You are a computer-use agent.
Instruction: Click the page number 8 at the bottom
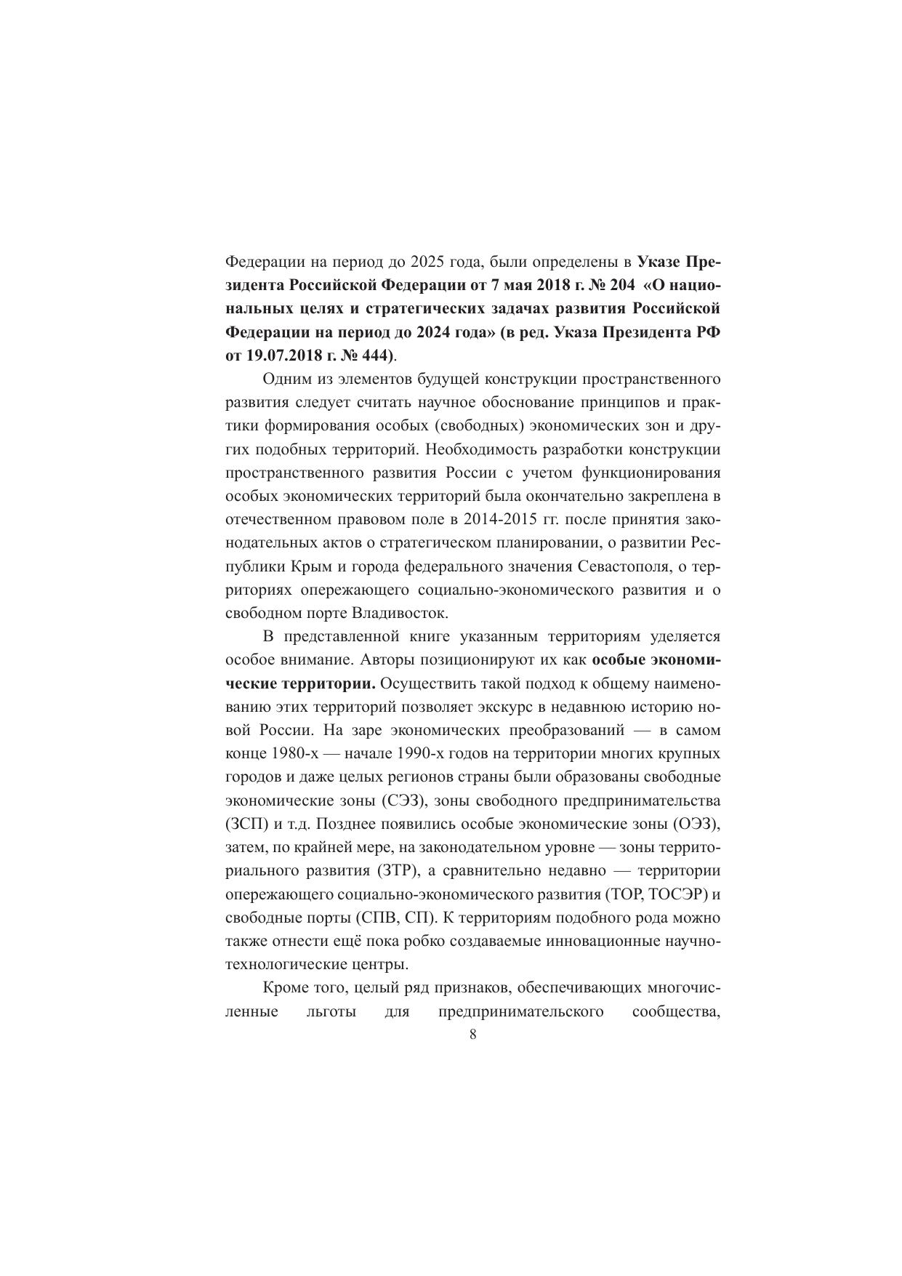point(473,1035)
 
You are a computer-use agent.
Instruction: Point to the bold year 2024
point(435,332)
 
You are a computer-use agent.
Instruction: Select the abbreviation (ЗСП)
point(248,824)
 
